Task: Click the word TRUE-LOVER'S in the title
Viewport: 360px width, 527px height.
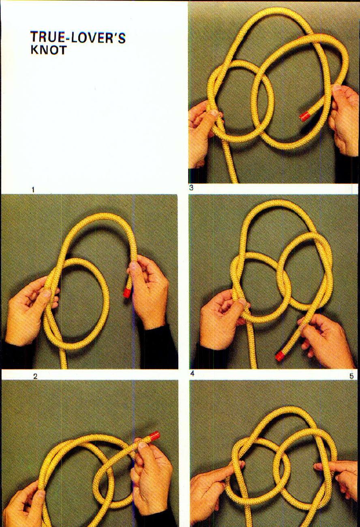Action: click(78, 38)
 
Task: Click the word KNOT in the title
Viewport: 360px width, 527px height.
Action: click(49, 51)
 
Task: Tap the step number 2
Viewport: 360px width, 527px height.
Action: click(35, 376)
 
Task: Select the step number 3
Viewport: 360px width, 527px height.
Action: click(191, 188)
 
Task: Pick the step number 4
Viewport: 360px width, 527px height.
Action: click(193, 374)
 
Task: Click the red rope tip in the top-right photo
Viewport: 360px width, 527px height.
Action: click(305, 117)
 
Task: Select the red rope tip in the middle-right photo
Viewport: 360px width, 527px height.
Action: click(280, 356)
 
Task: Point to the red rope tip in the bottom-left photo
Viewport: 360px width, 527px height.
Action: click(154, 437)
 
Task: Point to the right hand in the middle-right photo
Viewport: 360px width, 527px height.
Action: click(324, 341)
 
